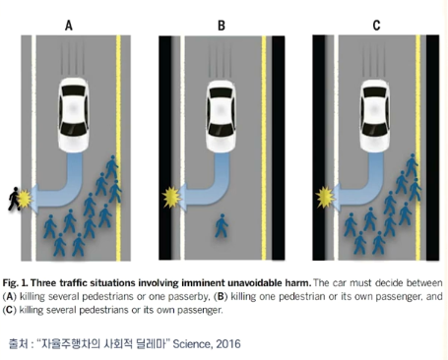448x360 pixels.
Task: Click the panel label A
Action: click(69, 26)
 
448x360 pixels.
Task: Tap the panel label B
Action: click(222, 26)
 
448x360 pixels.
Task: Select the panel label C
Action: click(376, 26)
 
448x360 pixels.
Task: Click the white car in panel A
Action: click(74, 115)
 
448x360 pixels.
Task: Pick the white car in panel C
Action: click(374, 116)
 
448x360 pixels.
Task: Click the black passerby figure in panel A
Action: click(14, 199)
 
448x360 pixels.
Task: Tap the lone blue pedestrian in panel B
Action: click(222, 226)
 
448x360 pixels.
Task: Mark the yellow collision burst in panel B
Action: click(171, 198)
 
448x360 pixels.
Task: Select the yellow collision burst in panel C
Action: click(325, 197)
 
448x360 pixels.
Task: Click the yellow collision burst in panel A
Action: click(25, 199)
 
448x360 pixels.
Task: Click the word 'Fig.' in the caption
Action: click(10, 283)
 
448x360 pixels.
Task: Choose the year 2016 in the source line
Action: click(228, 344)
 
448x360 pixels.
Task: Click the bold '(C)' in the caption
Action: click(9, 310)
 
